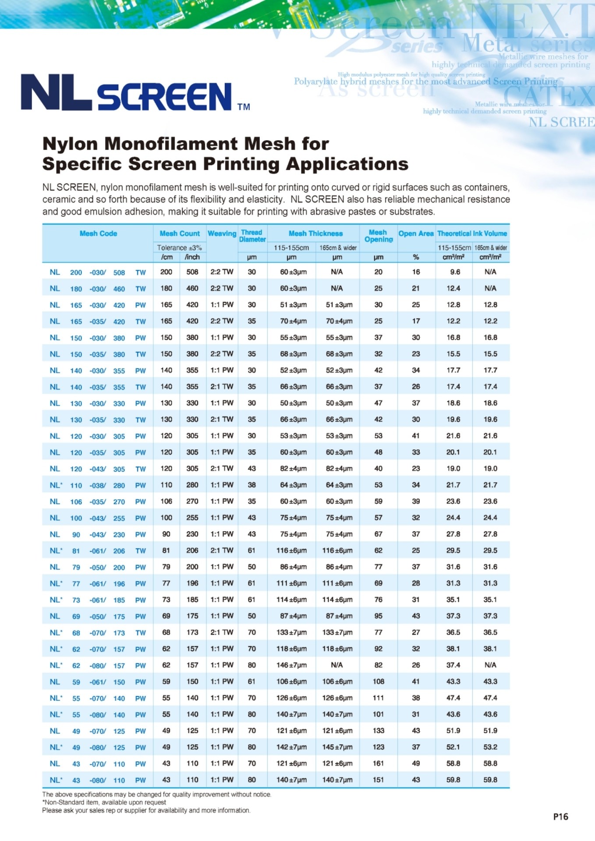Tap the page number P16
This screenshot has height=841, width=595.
[x=560, y=816]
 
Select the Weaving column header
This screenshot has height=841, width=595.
[x=222, y=233]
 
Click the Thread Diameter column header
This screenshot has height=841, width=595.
[x=252, y=236]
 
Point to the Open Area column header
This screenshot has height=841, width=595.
[x=416, y=233]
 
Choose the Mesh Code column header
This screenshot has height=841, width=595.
[x=98, y=233]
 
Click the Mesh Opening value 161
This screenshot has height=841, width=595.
[x=378, y=763]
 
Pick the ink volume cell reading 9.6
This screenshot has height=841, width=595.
[x=455, y=272]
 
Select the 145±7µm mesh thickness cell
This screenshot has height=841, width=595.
[x=337, y=747]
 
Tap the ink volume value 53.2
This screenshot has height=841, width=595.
[x=490, y=747]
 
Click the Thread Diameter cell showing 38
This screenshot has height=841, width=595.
[x=251, y=485]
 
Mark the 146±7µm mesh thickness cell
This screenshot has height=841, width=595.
[x=291, y=665]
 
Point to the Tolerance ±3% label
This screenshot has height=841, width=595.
[x=180, y=247]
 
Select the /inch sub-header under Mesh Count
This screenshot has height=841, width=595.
[x=192, y=257]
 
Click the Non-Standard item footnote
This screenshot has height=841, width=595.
[x=104, y=802]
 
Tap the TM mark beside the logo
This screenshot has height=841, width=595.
[x=244, y=107]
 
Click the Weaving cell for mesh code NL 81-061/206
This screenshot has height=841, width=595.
[x=222, y=551]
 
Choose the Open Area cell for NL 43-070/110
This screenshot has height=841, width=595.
[x=416, y=763]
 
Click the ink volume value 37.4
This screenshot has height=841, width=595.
[x=453, y=665]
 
